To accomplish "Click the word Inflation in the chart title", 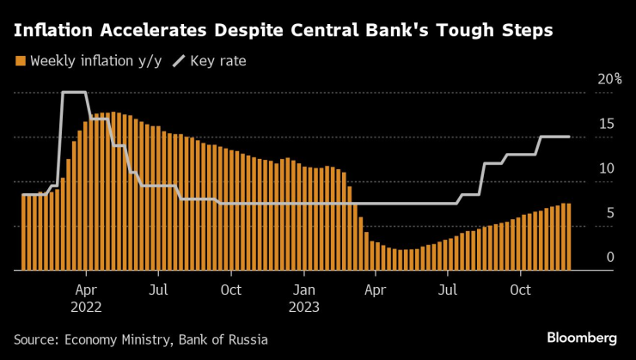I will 55,32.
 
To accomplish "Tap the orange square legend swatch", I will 20,61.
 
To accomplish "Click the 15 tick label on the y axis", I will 606,124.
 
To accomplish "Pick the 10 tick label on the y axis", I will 606,168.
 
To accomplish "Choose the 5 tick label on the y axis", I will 609,213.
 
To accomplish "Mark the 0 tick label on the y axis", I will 609,257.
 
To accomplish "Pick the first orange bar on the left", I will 24,232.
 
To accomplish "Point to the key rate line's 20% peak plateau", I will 74,92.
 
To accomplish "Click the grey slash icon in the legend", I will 180,61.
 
